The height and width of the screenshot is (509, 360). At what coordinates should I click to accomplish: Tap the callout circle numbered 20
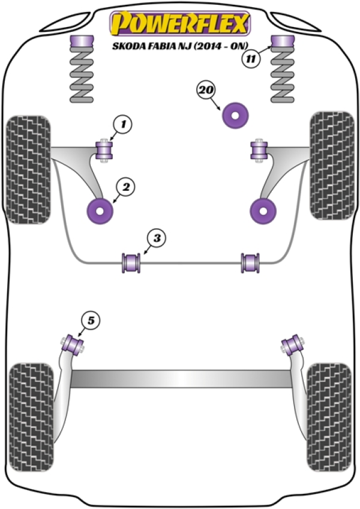click(x=205, y=91)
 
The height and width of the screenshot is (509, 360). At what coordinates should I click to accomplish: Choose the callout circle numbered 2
click(x=125, y=188)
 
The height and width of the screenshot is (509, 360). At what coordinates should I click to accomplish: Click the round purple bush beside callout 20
click(x=236, y=115)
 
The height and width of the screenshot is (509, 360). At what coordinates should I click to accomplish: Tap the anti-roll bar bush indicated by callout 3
click(x=131, y=262)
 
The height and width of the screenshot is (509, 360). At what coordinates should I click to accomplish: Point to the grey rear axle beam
click(x=179, y=378)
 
